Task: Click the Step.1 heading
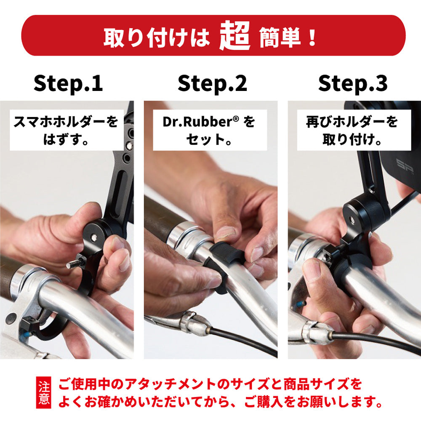68,83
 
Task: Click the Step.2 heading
212,83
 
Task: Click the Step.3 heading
353,83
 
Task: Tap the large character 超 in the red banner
234,36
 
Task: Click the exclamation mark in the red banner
312,37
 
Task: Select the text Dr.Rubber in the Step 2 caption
197,122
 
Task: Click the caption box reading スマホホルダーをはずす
67,130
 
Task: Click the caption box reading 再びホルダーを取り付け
354,130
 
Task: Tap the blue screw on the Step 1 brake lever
27,335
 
